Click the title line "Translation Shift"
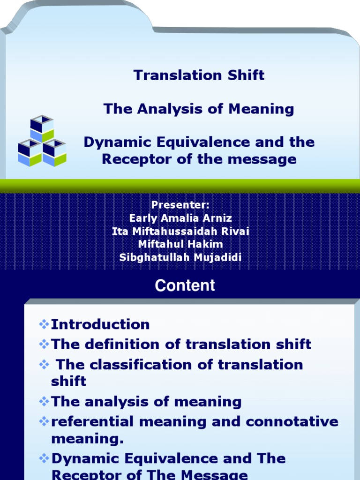point(199,75)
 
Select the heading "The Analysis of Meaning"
point(199,109)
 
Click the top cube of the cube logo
point(42,128)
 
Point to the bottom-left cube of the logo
point(30,152)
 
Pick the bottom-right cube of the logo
point(54,152)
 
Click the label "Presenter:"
point(180,205)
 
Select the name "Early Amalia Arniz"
point(180,218)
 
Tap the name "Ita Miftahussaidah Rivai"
point(180,231)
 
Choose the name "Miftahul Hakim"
point(180,244)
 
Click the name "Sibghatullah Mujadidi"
point(180,257)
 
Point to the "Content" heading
point(185,285)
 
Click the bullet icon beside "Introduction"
point(44,324)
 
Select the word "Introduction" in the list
point(100,324)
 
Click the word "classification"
point(141,365)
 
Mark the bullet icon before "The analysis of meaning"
point(44,401)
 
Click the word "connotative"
point(292,421)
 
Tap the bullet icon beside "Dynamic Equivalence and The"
point(44,458)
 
